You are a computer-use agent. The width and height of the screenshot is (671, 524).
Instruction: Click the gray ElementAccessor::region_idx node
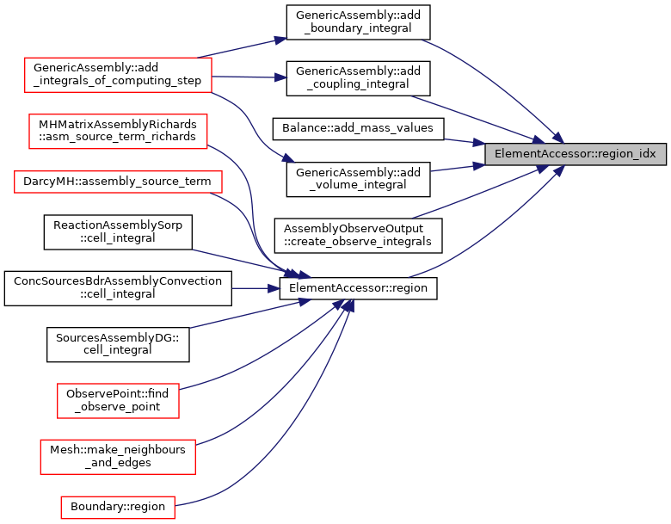click(x=575, y=154)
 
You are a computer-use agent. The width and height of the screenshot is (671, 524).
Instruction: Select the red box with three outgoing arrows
click(x=118, y=75)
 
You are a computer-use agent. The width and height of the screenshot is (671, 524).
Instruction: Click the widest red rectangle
click(x=118, y=182)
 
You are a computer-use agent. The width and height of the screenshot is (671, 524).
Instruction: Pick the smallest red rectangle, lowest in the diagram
click(x=117, y=507)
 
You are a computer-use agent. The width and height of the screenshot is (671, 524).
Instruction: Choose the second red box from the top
click(x=118, y=132)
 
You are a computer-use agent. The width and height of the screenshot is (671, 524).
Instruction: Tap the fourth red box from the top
click(x=118, y=401)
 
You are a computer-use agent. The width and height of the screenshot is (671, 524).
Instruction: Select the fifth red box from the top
click(x=117, y=456)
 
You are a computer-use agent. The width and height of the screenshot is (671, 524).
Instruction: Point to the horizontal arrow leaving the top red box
click(x=249, y=77)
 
